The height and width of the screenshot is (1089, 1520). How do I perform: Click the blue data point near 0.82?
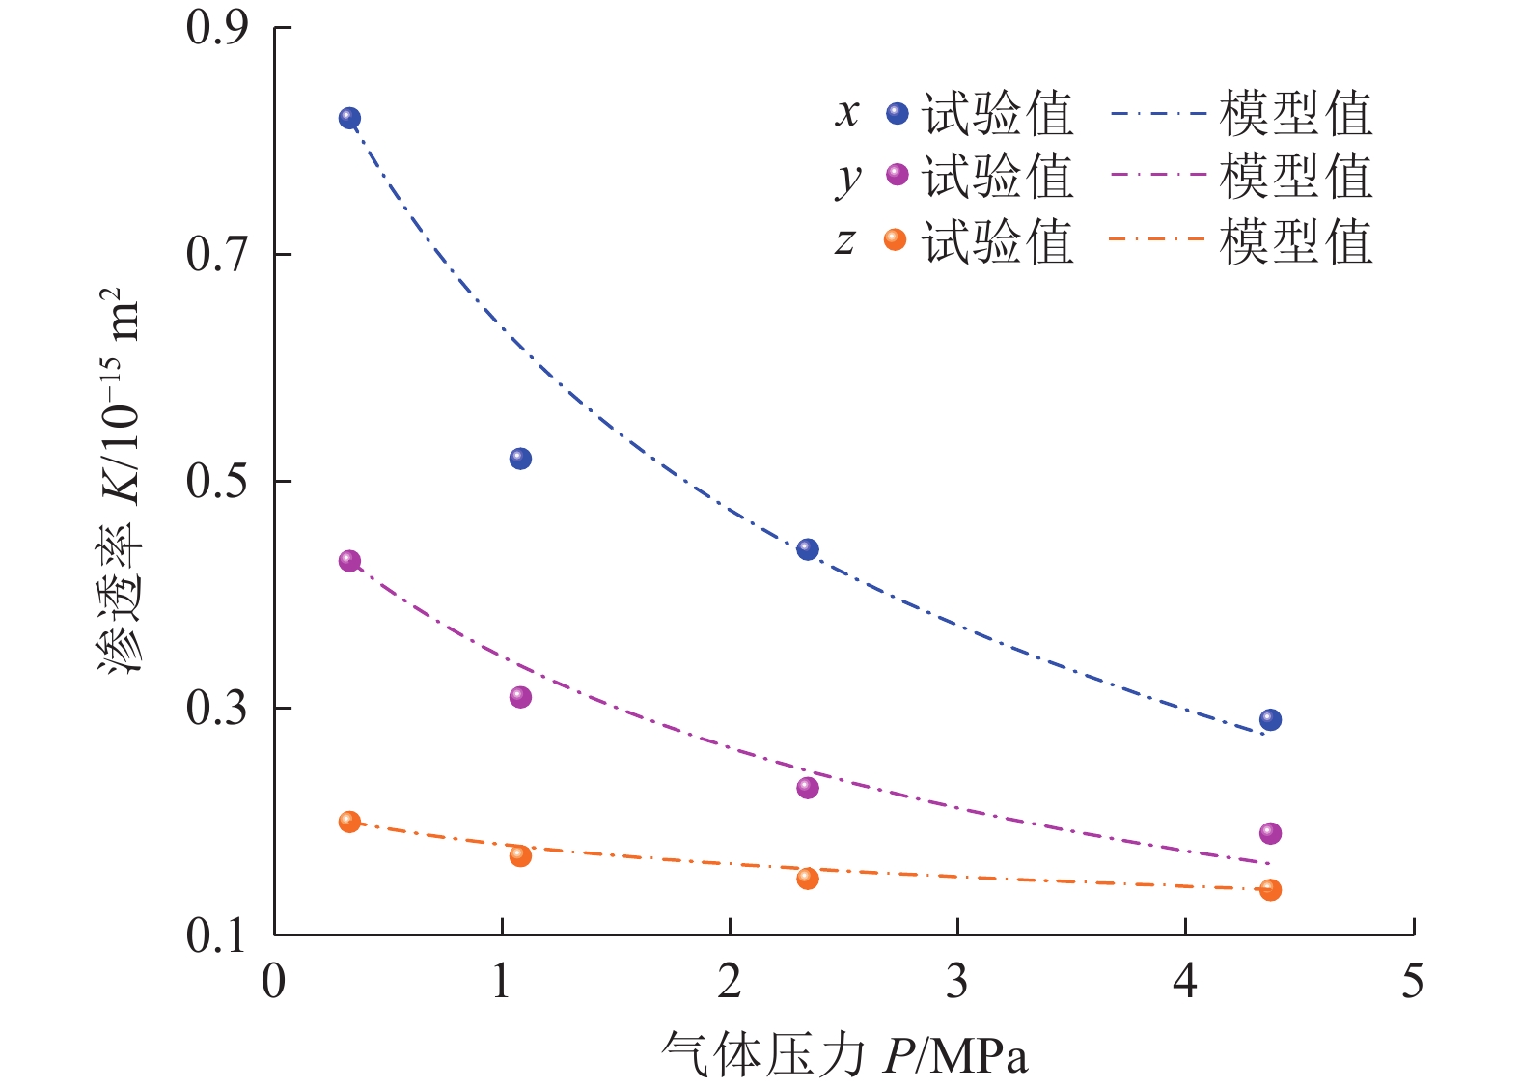point(349,119)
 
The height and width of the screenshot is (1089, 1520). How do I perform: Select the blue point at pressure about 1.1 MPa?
point(520,459)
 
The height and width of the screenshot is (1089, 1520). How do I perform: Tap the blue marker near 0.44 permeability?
point(808,550)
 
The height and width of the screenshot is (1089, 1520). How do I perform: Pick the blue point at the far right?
point(1270,720)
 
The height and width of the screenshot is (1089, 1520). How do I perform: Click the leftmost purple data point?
point(349,561)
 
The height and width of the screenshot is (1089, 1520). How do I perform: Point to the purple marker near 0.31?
point(520,697)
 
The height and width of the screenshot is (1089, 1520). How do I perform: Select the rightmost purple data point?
point(1270,833)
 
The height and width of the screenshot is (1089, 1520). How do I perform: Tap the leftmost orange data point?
point(349,822)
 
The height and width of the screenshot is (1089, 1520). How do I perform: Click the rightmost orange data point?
point(1270,889)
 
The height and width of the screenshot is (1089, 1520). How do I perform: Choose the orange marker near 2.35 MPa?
point(808,879)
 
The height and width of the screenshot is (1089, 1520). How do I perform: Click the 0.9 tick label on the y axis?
point(217,28)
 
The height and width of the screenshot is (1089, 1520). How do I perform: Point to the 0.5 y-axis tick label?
point(217,481)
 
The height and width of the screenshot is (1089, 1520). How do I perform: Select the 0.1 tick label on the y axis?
point(217,935)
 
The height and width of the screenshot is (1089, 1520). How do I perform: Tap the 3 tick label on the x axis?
point(956,982)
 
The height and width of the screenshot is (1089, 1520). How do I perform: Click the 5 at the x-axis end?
point(1413,982)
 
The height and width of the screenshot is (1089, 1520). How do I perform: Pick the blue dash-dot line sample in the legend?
point(1158,114)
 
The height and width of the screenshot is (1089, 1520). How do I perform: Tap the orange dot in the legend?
point(896,239)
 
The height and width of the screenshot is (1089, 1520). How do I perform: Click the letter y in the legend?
point(847,178)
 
